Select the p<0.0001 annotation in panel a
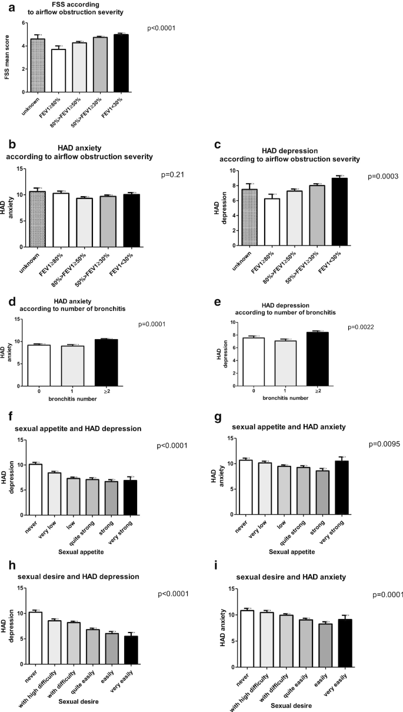(x=161, y=28)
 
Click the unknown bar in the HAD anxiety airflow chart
(x=37, y=219)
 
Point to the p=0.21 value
(x=172, y=175)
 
